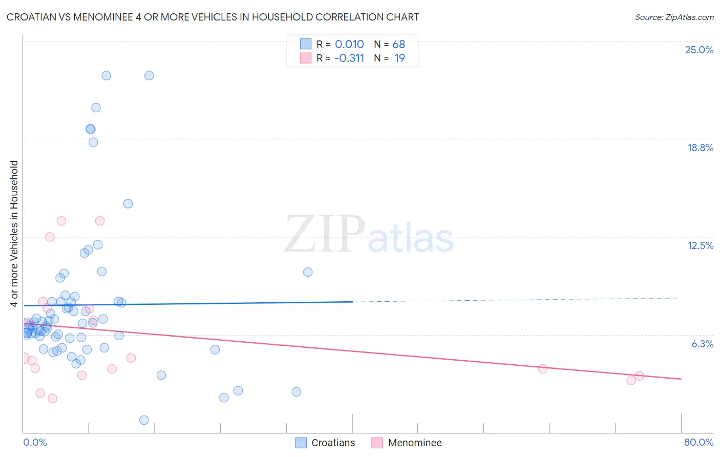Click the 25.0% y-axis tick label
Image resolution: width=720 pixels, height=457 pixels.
(699, 50)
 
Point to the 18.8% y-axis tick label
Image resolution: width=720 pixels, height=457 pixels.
(700, 148)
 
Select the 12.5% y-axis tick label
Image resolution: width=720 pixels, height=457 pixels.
(700, 245)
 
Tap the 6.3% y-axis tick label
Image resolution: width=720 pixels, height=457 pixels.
(702, 344)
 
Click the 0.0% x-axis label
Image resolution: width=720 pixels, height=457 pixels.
(35, 442)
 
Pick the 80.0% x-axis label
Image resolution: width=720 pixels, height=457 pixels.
(698, 442)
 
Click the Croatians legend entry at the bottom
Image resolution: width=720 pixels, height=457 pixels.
(333, 443)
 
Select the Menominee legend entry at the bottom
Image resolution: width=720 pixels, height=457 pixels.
(414, 443)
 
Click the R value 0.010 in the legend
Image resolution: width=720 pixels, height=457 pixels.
(349, 45)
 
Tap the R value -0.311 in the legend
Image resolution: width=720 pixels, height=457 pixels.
(349, 58)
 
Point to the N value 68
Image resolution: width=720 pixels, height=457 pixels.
(398, 45)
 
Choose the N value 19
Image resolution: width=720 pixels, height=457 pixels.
(399, 58)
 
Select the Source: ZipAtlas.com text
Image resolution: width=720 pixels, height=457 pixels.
(674, 17)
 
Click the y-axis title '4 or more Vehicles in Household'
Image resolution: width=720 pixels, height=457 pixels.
(14, 234)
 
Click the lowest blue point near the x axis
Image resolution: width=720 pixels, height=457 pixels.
(144, 420)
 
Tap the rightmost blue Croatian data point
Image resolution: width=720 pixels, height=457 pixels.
(308, 272)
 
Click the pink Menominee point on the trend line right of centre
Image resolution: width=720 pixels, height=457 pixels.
(543, 369)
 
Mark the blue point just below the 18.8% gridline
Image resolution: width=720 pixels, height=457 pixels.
(93, 142)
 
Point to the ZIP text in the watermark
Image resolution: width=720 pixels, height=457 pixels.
(325, 235)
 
